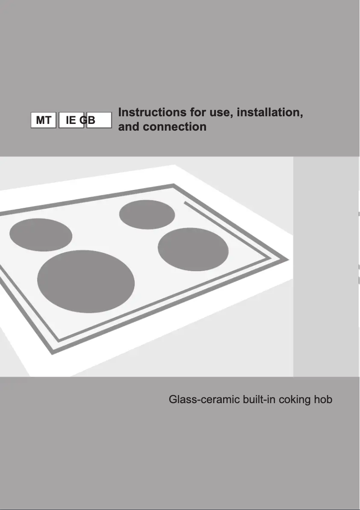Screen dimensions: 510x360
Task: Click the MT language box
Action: (x=44, y=120)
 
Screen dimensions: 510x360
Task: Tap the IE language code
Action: (x=71, y=120)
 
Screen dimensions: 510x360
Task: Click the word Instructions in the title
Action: (x=152, y=112)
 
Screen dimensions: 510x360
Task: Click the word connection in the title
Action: (x=175, y=127)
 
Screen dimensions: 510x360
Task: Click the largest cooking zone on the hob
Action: (x=86, y=281)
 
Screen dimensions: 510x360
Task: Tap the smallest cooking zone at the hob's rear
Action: (x=147, y=214)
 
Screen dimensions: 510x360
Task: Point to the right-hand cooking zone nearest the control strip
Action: (x=193, y=250)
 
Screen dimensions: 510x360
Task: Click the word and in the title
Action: (x=129, y=127)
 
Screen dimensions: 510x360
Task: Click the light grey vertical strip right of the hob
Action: (x=326, y=267)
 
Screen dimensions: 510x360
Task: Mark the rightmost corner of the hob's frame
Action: (x=287, y=260)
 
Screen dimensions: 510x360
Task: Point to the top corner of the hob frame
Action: (x=173, y=185)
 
